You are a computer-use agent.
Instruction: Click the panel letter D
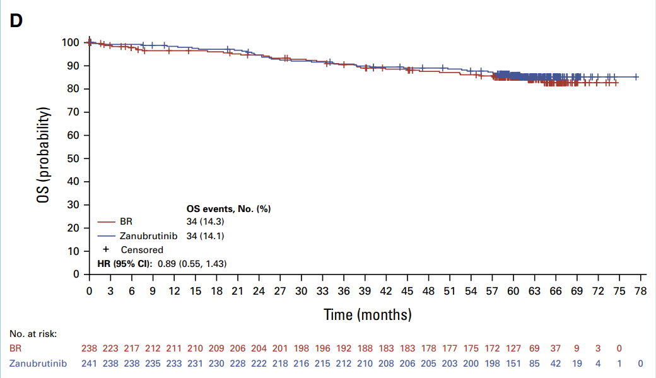[16, 21]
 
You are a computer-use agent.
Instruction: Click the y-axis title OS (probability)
[43, 155]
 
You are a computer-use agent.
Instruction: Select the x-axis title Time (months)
[368, 314]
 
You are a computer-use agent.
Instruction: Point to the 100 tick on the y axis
[71, 42]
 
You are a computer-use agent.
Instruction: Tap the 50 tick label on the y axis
[74, 158]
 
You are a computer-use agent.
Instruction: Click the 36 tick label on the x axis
[344, 291]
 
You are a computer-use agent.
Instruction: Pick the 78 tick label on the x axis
[640, 291]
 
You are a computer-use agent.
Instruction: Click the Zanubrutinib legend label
[148, 236]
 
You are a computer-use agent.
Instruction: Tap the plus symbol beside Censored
[106, 249]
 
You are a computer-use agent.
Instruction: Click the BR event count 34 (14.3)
[206, 222]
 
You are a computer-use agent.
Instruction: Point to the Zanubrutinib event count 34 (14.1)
[206, 236]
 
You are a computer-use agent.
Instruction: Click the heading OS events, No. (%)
[228, 209]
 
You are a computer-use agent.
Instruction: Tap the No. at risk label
[33, 334]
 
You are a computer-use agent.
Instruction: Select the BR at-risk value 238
[90, 348]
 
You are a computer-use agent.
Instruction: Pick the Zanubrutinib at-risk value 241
[90, 363]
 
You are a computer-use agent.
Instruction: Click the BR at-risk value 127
[513, 348]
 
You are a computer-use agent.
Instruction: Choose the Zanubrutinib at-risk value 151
[513, 363]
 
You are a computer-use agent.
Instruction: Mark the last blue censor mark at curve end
[636, 77]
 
